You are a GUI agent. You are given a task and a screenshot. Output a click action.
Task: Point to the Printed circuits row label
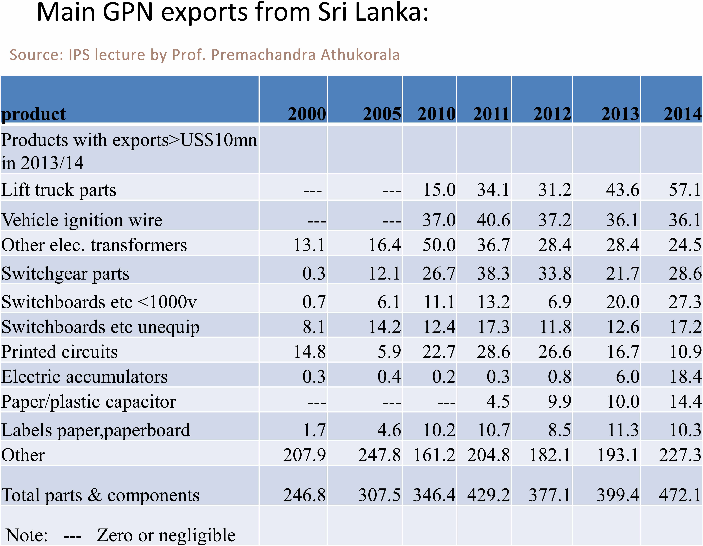(60, 352)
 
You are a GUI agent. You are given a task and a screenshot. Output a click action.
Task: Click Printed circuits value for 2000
(309, 352)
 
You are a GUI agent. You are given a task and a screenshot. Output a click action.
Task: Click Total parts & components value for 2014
(680, 495)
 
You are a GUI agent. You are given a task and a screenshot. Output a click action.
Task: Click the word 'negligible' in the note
(197, 535)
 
